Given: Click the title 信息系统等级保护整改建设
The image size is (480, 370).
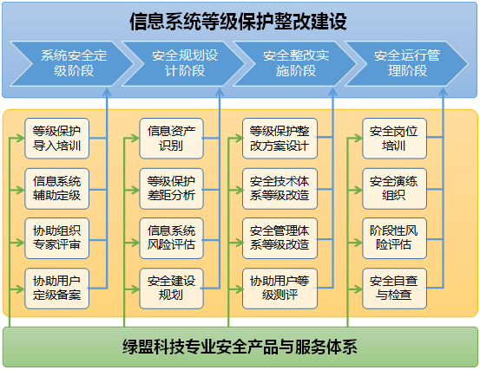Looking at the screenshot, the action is pos(238,22).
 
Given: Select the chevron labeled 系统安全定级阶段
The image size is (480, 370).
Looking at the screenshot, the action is pos(72,63).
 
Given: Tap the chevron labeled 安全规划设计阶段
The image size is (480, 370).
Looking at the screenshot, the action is pos(184,63).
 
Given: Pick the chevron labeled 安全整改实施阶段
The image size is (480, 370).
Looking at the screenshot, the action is pos(295,63).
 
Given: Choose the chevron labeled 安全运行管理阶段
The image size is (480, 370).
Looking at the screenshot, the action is pos(406,63).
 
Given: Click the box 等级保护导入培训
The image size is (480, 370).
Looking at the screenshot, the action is pos(57,139).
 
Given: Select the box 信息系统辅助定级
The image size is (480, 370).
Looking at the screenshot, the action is pos(57,189).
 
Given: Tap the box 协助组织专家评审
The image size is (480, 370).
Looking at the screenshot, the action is pos(57,238).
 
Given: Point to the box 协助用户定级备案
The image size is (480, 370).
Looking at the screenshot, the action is pos(57,289).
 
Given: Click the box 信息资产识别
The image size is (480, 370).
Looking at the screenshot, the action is pos(172,139).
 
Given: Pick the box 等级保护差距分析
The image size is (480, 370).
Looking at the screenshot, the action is pos(172,189).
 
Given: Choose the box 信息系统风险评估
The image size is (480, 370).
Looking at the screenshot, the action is pos(172,238).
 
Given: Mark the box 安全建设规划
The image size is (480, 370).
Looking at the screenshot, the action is pos(172,289).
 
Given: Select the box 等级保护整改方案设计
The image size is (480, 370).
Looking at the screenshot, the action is pos(279,139).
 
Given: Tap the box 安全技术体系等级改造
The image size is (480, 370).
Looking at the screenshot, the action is pos(279,189).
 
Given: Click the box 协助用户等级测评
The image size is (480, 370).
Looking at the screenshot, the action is pos(279,289).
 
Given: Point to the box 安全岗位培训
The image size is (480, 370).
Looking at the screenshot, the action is pos(395,139).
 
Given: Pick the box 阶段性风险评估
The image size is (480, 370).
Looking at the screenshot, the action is pos(395,238).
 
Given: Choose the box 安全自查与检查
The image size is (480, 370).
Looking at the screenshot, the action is pos(395,289).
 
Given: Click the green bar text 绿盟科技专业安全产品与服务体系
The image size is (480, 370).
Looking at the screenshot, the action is pos(240,347).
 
